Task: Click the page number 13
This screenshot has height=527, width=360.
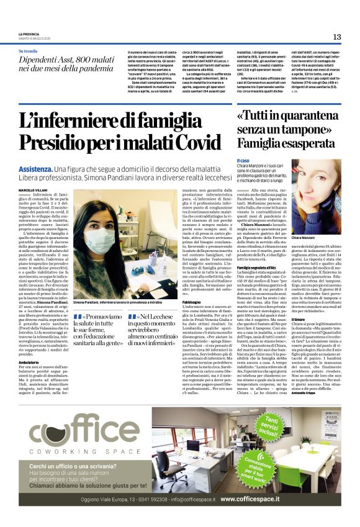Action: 336,37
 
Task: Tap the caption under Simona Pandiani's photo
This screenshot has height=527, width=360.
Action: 119,300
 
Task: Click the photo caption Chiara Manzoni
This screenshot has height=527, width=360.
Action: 321,238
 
